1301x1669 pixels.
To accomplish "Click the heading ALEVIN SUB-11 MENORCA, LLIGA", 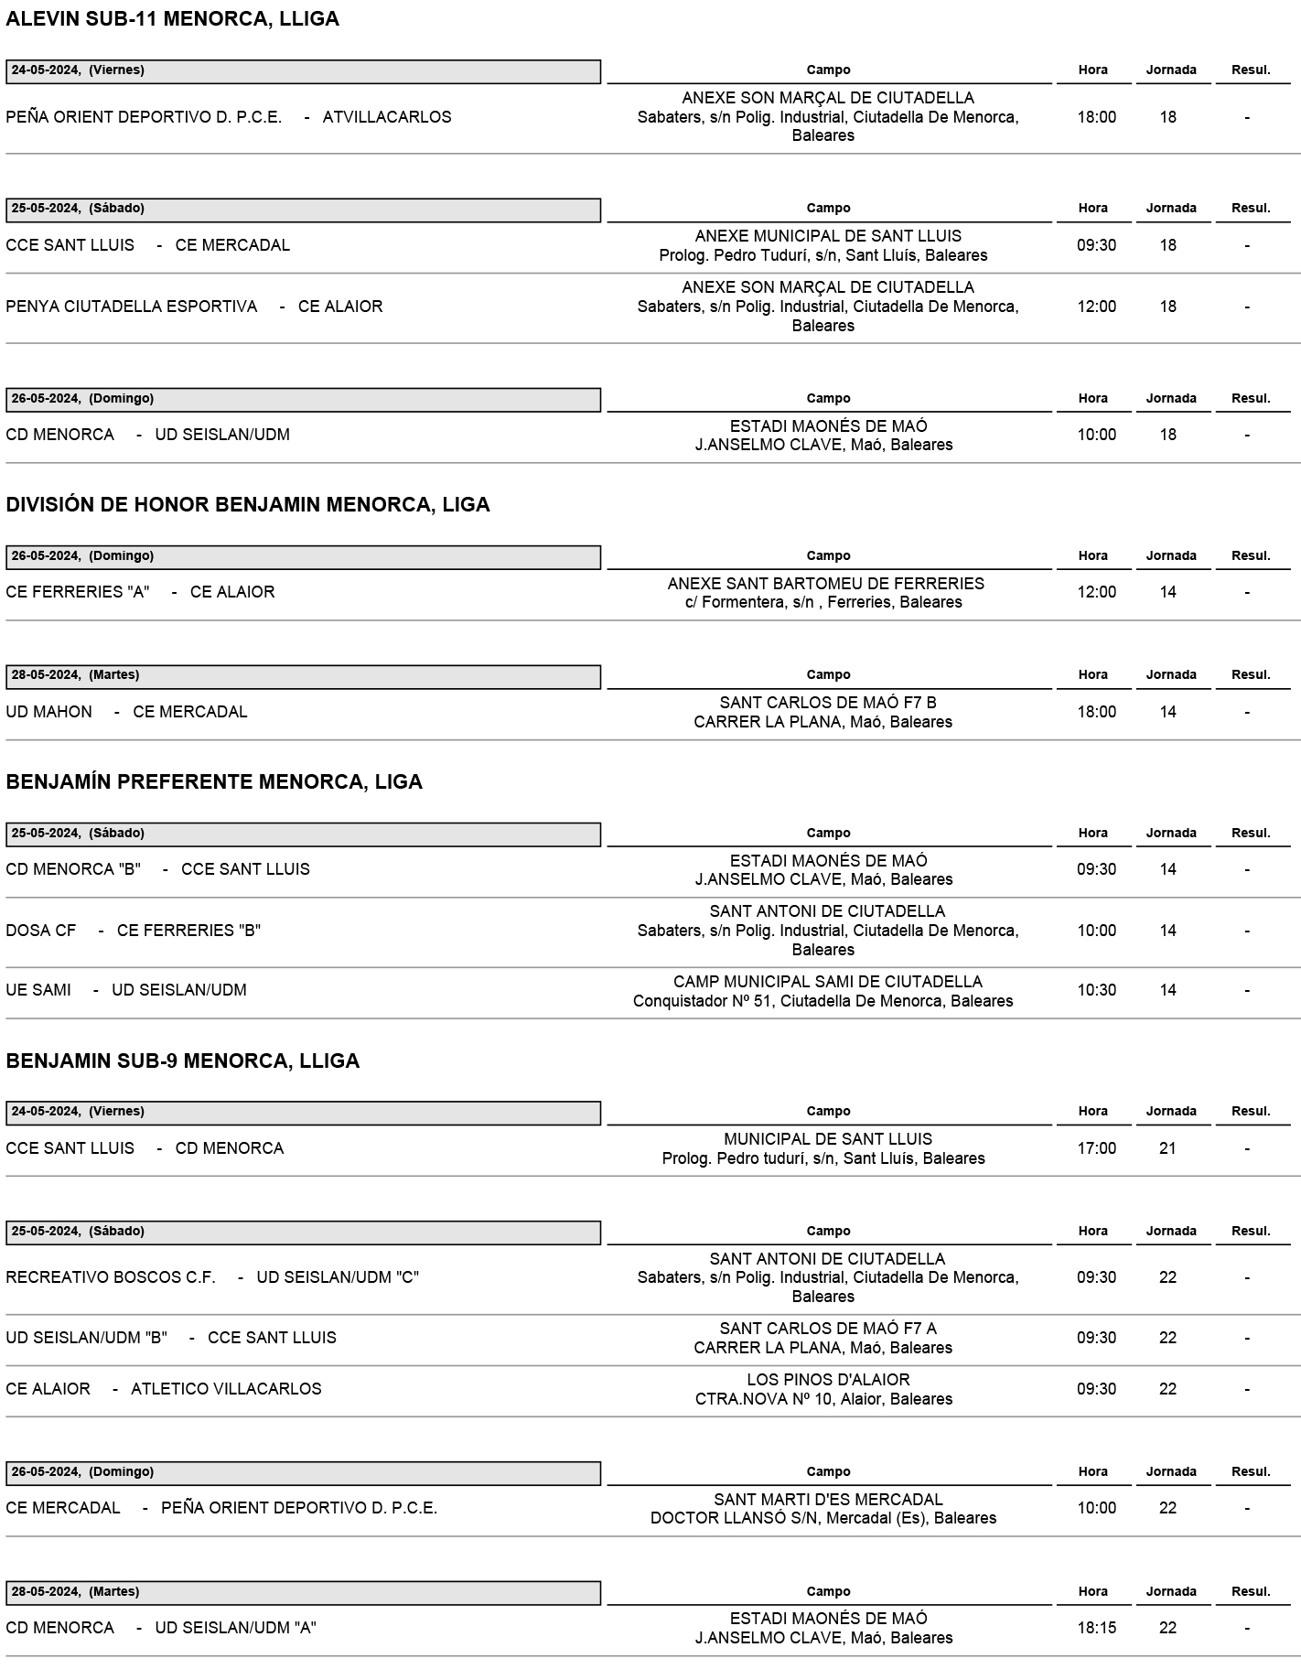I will [172, 19].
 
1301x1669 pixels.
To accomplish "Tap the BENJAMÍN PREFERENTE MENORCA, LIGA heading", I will [214, 782].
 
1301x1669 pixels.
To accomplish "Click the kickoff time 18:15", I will [1096, 1628].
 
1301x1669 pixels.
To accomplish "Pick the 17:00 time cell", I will [1096, 1148].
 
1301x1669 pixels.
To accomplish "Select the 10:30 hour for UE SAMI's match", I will [1096, 990].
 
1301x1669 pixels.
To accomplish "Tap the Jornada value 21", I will [1167, 1148].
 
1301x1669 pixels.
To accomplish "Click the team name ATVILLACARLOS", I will [387, 117].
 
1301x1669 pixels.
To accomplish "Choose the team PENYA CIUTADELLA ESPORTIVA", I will [132, 307].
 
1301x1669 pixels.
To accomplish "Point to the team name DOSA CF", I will [41, 931].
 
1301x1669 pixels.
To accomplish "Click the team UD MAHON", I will [49, 712].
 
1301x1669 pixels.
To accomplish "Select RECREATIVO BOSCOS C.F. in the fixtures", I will [111, 1277].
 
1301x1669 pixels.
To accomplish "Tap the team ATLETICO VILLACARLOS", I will [226, 1389].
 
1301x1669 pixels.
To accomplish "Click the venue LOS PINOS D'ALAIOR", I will [828, 1380].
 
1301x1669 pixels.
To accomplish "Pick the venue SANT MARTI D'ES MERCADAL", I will [828, 1500].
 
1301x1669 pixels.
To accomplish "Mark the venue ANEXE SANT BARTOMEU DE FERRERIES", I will [825, 584].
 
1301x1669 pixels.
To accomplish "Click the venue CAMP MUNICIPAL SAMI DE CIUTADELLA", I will [827, 982].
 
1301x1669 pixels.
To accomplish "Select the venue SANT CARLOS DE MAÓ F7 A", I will [828, 1329].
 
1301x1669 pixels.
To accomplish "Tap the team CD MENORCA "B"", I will [73, 869].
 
